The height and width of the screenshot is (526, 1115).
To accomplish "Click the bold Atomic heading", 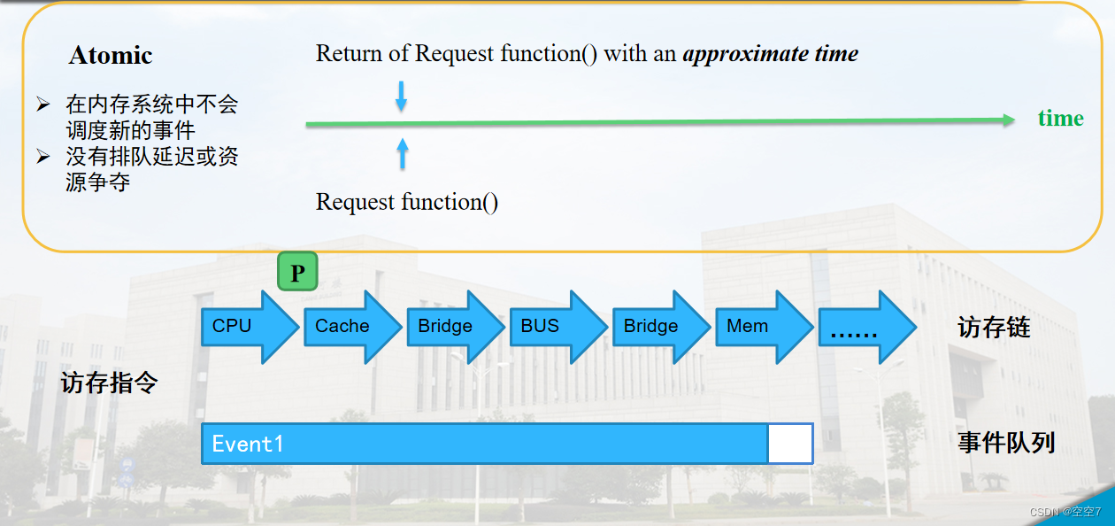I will pyautogui.click(x=111, y=55).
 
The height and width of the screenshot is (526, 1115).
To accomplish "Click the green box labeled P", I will pyautogui.click(x=297, y=272).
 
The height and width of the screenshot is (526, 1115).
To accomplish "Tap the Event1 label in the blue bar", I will pyautogui.click(x=248, y=444).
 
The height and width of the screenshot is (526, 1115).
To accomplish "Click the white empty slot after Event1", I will pyautogui.click(x=789, y=444).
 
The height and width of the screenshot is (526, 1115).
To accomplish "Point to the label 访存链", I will pyautogui.click(x=994, y=328).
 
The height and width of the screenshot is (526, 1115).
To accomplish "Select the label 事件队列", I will pyautogui.click(x=1006, y=443).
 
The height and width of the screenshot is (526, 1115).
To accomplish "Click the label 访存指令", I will pyautogui.click(x=109, y=383).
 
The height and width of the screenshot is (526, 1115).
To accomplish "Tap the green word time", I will pyautogui.click(x=1060, y=119).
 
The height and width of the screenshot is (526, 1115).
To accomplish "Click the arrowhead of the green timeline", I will pyautogui.click(x=1009, y=120).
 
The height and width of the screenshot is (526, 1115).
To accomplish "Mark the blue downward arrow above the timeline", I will pyautogui.click(x=401, y=97).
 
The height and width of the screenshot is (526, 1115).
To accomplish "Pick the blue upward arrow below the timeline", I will pyautogui.click(x=403, y=153).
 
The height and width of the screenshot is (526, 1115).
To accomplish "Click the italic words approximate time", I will pyautogui.click(x=770, y=54).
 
